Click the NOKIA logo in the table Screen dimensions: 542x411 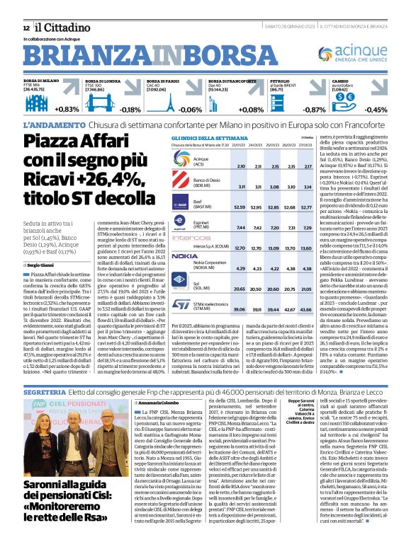pyautogui.click(x=185, y=255)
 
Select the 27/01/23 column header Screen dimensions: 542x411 pyautogui.click(x=307, y=144)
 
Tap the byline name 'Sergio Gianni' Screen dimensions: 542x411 pyautogui.click(x=44, y=265)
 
